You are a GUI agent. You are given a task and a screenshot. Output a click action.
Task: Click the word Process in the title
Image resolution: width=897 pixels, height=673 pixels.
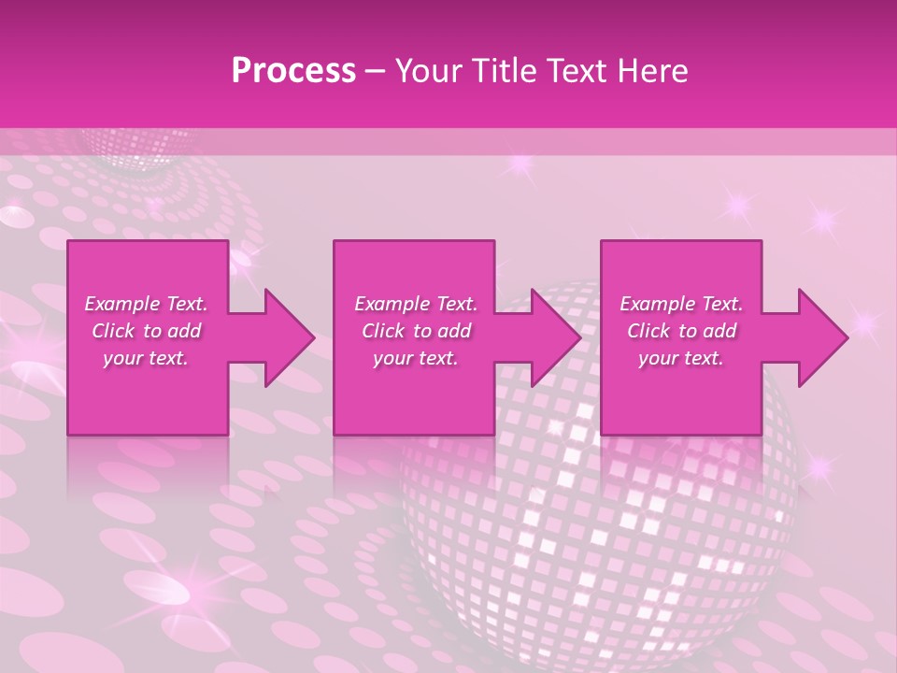pyautogui.click(x=293, y=70)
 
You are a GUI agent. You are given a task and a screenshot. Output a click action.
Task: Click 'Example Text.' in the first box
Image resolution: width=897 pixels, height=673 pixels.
pyautogui.click(x=146, y=304)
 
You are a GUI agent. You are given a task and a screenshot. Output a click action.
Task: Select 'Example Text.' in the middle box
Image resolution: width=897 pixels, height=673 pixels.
pyautogui.click(x=415, y=304)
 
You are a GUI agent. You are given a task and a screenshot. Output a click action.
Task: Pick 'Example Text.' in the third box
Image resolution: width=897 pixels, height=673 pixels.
pyautogui.click(x=681, y=304)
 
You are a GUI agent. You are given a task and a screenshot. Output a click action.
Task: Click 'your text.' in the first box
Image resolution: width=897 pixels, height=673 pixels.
pyautogui.click(x=146, y=358)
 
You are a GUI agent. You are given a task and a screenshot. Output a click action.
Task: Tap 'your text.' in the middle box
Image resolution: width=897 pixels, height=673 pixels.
pyautogui.click(x=415, y=358)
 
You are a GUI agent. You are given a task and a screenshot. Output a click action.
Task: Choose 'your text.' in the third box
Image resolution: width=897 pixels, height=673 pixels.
pyautogui.click(x=681, y=358)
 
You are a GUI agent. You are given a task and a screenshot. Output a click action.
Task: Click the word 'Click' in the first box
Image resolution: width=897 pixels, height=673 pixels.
pyautogui.click(x=113, y=331)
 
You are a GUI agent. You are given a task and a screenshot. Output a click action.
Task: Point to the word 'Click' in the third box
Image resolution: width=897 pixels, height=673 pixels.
pyautogui.click(x=648, y=331)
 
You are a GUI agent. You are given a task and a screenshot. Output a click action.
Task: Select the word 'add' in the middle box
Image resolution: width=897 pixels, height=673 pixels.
pyautogui.click(x=454, y=331)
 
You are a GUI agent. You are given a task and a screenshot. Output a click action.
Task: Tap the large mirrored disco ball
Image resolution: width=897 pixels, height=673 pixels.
pyautogui.click(x=598, y=505)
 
